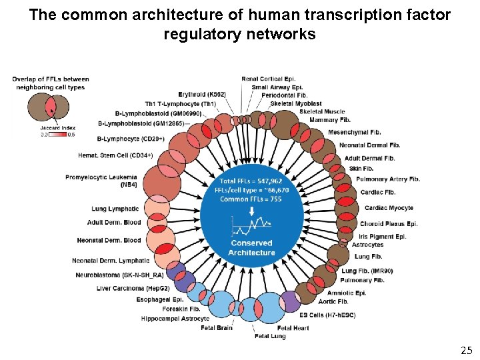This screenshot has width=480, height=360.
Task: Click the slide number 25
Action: (466, 349)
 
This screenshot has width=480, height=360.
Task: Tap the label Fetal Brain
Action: (217, 327)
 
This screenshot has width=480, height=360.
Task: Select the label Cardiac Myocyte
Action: (389, 208)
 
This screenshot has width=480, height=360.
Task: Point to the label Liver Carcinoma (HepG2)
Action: (133, 288)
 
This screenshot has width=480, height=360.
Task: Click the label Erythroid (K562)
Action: (202, 94)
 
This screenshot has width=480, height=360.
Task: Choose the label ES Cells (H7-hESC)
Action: (328, 315)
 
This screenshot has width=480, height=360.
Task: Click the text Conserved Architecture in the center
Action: (251, 248)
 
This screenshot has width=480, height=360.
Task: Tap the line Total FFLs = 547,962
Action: (251, 181)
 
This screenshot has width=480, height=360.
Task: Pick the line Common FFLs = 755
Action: (251, 199)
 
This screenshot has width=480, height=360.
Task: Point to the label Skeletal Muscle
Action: (322, 111)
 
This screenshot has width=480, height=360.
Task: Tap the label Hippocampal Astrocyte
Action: (175, 319)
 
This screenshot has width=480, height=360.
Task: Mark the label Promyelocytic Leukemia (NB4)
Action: (101, 181)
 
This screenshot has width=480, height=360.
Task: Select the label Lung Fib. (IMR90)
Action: (367, 271)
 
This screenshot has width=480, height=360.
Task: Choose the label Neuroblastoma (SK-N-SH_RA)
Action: (119, 275)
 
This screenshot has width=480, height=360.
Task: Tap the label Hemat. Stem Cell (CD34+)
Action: (115, 155)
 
